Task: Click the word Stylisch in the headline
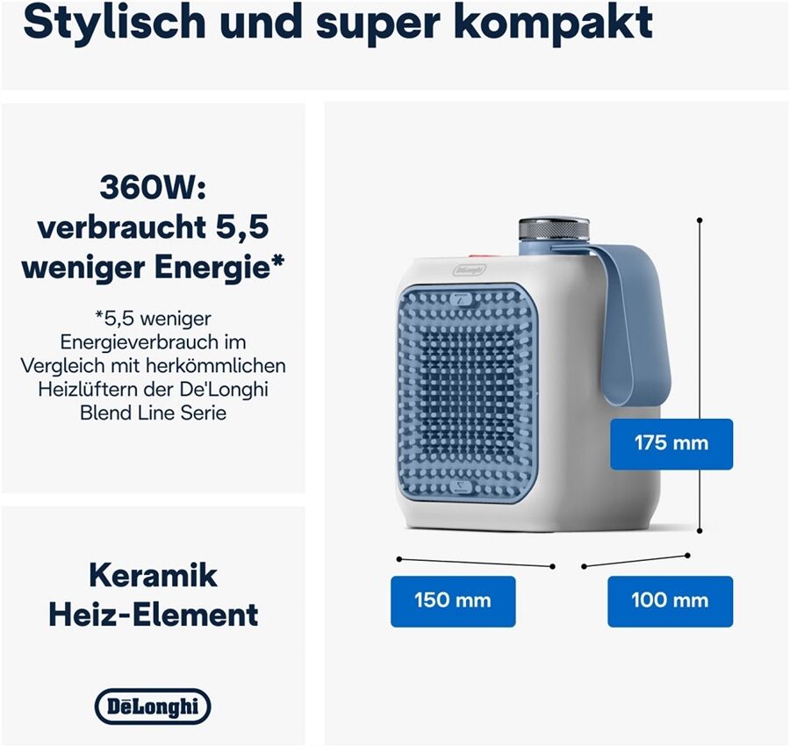[x=114, y=24]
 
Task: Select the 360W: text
[x=153, y=187]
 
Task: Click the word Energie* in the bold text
[x=219, y=269]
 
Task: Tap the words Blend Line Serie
[x=153, y=413]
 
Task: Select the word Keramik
[x=153, y=575]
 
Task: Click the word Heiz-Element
[x=153, y=614]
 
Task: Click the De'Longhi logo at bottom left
[x=153, y=707]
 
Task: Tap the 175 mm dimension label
[x=671, y=444]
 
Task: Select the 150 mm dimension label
[x=453, y=601]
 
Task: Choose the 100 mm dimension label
[x=670, y=601]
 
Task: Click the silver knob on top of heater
[x=554, y=229]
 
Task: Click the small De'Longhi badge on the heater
[x=469, y=269]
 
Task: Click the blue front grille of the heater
[x=467, y=392]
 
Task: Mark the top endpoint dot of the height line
[x=700, y=220]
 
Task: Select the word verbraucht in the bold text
[x=122, y=227]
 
